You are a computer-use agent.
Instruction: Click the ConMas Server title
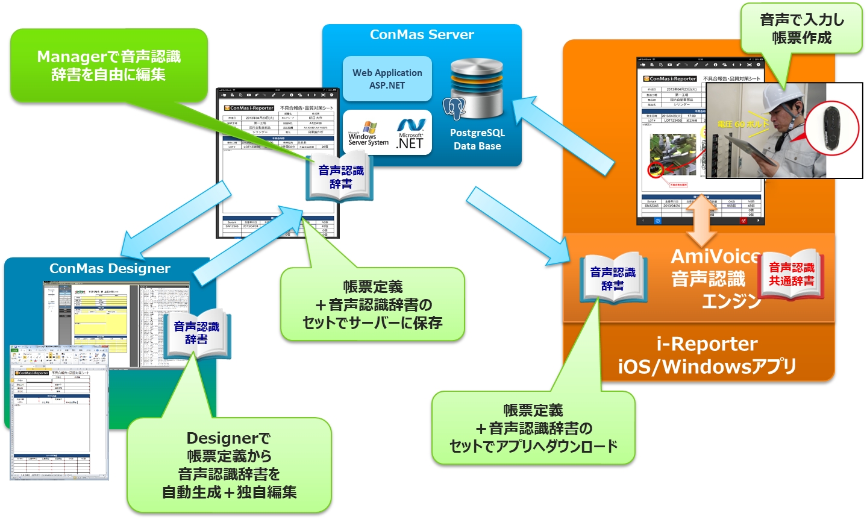[x=422, y=35]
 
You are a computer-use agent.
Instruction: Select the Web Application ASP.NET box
[x=387, y=79]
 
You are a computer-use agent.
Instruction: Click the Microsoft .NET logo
[x=411, y=134]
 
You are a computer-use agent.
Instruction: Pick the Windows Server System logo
[x=368, y=134]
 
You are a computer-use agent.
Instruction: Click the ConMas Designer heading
[x=110, y=269]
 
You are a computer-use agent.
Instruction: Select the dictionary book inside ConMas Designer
[x=196, y=333]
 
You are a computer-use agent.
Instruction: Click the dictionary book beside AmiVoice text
[x=613, y=278]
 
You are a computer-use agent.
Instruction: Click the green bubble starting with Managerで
[x=108, y=66]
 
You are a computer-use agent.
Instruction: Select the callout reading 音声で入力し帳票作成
[x=802, y=28]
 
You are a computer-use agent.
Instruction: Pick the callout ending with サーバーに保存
[x=372, y=305]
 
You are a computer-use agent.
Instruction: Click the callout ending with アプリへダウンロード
[x=533, y=428]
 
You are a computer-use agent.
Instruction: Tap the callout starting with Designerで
[x=229, y=465]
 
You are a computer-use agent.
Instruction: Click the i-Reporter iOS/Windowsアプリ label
[x=707, y=355]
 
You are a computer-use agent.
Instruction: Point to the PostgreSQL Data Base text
[x=477, y=139]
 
